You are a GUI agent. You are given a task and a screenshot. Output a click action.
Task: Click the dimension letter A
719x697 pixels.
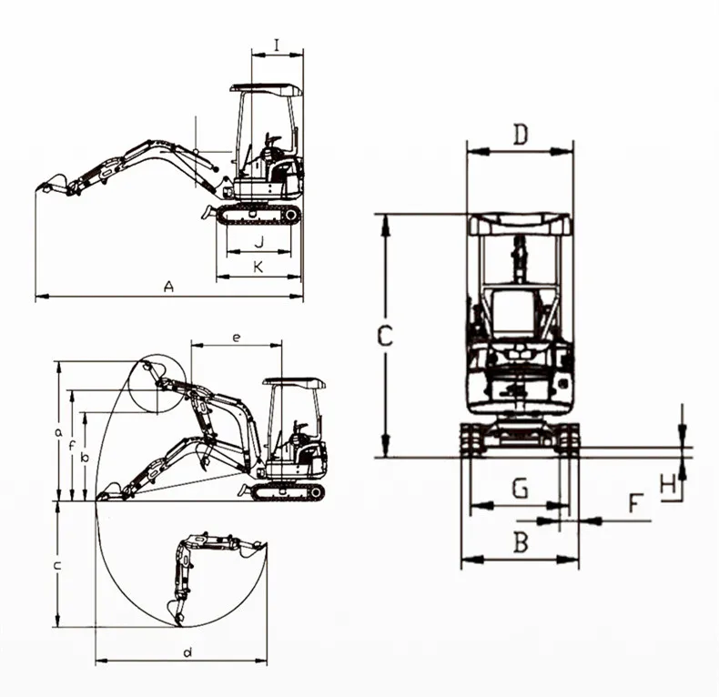click(169, 287)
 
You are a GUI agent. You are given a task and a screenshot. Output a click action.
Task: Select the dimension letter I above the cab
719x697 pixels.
click(277, 45)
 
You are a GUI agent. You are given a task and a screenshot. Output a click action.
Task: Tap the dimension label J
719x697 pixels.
click(259, 241)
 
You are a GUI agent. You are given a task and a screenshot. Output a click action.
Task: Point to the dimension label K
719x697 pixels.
click(258, 267)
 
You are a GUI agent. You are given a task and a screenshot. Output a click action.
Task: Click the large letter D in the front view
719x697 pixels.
click(521, 135)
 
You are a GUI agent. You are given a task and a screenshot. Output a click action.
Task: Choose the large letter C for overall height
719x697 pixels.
click(385, 336)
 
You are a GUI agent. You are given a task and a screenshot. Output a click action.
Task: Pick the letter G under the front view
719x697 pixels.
click(520, 488)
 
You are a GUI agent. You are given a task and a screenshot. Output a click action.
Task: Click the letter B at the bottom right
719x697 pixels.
click(521, 542)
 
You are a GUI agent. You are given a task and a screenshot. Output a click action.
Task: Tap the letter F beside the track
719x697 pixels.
click(635, 503)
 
